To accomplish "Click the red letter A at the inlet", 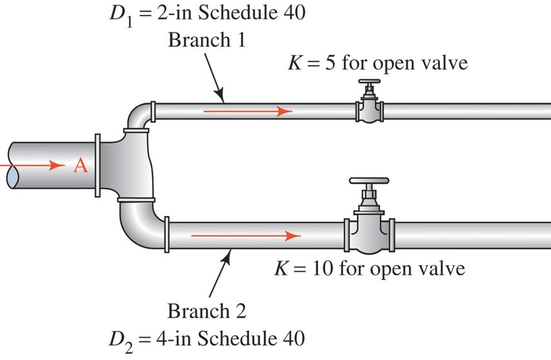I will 79,166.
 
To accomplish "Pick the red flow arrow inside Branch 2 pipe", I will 246,235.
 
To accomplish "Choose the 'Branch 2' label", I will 203,312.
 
